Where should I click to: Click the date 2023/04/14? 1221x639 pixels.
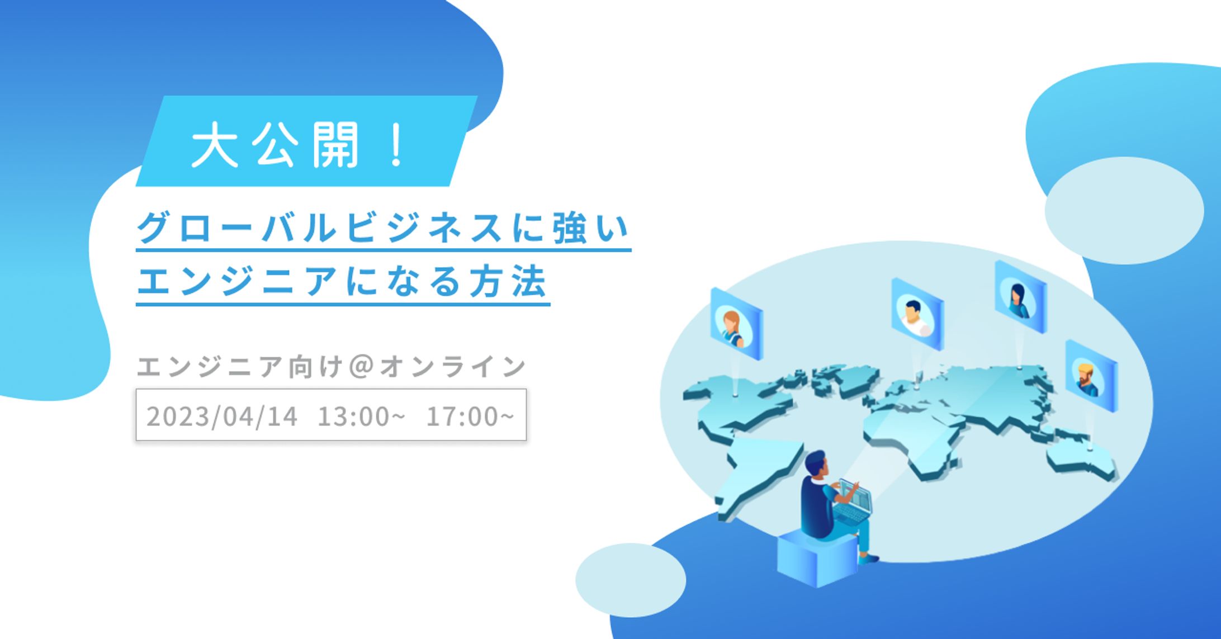[x=222, y=416]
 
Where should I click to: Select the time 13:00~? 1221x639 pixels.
[x=361, y=416]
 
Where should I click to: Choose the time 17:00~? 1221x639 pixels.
[x=470, y=416]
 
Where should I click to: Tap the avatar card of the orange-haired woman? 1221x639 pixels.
[x=736, y=324]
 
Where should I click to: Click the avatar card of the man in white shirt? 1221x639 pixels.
[x=917, y=314]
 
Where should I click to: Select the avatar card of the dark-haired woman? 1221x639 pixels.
[x=1020, y=297]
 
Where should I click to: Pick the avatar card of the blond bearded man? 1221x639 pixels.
[x=1091, y=376]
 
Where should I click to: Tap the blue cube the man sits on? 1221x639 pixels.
[x=817, y=557]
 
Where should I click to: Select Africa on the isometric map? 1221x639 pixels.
[x=917, y=442]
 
